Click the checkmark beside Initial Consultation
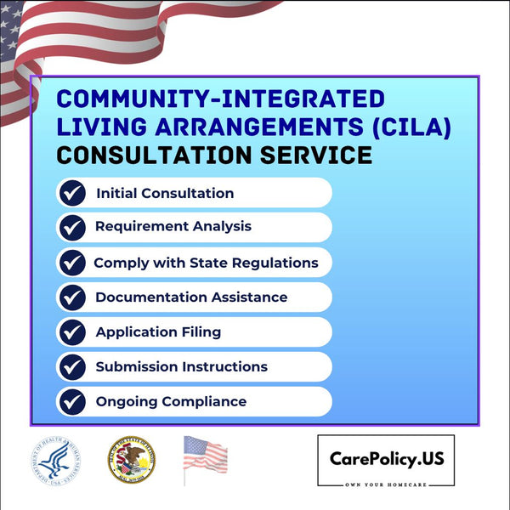point(73,193)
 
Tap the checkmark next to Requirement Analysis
point(73,227)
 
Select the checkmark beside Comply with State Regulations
point(73,263)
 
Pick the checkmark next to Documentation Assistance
point(73,297)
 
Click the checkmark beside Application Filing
point(73,332)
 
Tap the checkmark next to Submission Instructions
point(73,367)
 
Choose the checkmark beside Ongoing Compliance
point(73,401)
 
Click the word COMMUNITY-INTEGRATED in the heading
point(220,99)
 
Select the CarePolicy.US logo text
point(386,459)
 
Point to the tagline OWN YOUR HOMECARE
point(386,482)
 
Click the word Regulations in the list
point(274,263)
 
